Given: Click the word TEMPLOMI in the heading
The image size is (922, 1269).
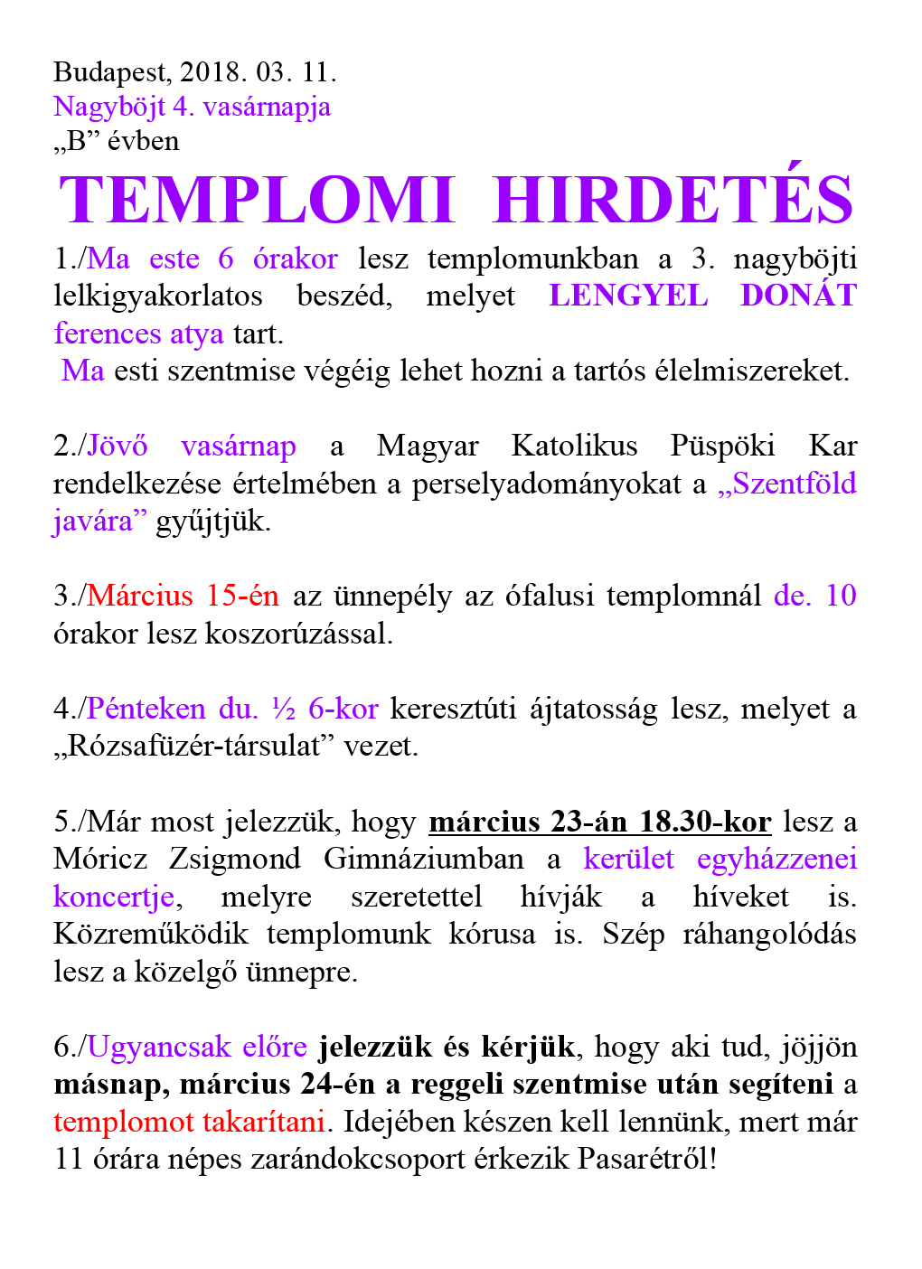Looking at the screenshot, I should coord(256,200).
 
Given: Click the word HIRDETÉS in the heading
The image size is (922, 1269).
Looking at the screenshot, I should coord(673,200).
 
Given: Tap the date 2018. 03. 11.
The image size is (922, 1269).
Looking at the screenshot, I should coord(258,72).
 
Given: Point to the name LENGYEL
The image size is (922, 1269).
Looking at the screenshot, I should coord(628,296).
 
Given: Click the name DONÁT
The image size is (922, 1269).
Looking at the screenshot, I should coord(798,296).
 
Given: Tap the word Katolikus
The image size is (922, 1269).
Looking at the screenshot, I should coord(574,446).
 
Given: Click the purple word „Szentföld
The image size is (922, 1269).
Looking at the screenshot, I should coord(786,484).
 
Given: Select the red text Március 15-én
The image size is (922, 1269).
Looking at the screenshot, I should coord(183,596).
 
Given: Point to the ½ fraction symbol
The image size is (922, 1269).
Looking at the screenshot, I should coord(284,709).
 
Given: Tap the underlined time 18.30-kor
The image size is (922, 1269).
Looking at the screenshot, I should coord(705,822).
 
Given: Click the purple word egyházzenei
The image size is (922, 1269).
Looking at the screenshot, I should coord(776,859).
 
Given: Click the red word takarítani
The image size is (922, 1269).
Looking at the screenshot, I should coord(264,1122).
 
